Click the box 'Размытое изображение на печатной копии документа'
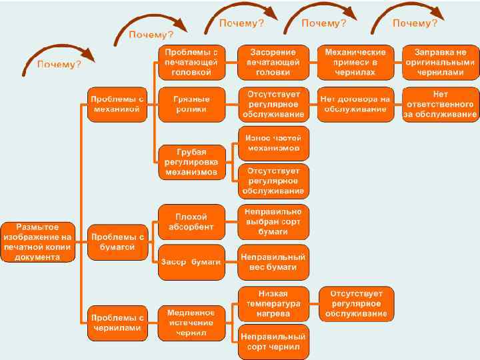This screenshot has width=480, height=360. tap(37, 242)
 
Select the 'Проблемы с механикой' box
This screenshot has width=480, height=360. tap(117, 104)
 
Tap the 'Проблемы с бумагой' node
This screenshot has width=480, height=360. tap(117, 242)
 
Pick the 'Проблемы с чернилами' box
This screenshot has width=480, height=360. tap(117, 323)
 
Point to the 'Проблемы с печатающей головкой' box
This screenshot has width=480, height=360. tap(191, 62)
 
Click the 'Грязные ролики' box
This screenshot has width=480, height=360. tap(191, 104)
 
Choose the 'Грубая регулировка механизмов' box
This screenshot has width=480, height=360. tap(191, 161)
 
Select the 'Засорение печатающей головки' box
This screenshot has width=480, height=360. tap(273, 62)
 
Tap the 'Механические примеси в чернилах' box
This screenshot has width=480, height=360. tap(355, 62)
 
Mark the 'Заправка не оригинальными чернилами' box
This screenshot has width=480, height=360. tap(440, 62)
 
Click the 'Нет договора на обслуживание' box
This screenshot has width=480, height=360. tap(355, 104)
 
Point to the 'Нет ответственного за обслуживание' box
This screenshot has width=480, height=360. tap(440, 104)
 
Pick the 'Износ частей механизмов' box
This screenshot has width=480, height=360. tap(273, 142)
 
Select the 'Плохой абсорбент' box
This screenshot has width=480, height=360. tap(191, 222)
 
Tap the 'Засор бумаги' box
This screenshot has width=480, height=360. tap(191, 262)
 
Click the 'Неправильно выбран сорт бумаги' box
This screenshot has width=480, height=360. tap(273, 222)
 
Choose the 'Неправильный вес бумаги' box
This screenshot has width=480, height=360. tap(273, 262)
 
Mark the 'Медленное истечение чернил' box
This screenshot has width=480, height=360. tap(191, 323)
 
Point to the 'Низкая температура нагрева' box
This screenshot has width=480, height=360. tap(273, 303)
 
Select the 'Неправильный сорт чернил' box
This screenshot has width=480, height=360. tap(273, 342)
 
